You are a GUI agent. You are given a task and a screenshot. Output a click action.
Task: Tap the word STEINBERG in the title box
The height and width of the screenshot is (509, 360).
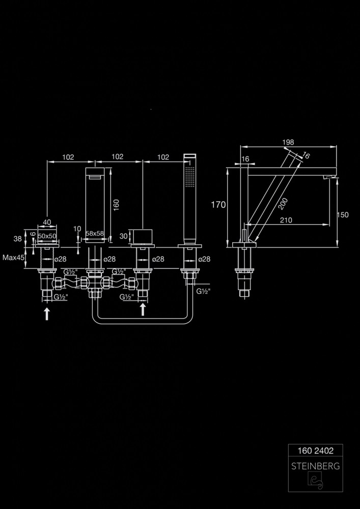(316, 466)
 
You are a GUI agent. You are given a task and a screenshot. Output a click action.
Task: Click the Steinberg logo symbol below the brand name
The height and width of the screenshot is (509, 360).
(316, 481)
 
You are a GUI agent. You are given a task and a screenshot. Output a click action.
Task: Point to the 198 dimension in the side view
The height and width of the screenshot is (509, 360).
(288, 142)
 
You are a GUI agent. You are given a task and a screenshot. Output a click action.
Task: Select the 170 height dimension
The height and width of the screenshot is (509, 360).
(218, 205)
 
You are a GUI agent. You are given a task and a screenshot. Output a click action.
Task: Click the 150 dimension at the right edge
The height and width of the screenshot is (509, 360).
(343, 215)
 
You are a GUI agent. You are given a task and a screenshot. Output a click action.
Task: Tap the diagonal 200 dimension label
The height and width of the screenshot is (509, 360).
(284, 203)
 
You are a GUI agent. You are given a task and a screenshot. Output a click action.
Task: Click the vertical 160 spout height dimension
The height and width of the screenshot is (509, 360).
(116, 205)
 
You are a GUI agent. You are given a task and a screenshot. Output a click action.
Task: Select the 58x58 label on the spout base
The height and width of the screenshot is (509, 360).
(95, 233)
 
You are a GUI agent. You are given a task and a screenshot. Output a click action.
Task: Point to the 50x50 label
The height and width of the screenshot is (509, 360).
(47, 237)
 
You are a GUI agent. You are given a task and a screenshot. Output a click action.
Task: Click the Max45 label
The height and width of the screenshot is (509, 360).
(14, 258)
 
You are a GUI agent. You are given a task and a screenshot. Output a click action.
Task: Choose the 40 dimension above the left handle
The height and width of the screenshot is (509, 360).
(47, 222)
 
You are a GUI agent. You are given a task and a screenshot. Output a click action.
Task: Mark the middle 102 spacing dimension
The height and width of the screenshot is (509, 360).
(117, 157)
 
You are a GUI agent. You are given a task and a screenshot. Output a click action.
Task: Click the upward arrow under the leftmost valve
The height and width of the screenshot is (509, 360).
(47, 313)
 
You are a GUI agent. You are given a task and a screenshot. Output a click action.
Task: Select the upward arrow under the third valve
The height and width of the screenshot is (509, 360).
(143, 308)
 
